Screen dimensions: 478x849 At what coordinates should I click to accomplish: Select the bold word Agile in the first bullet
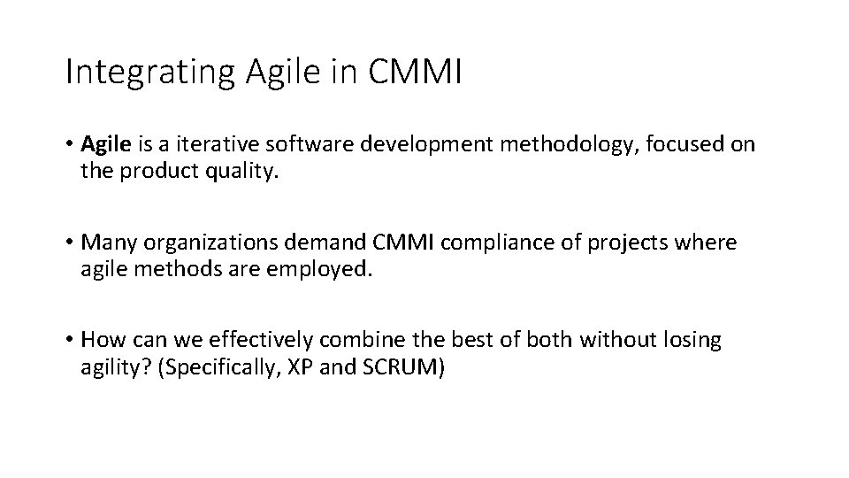click(x=104, y=144)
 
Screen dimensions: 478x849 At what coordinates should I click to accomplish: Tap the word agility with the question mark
click(x=111, y=366)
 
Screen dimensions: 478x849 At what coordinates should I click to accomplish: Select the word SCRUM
click(x=400, y=366)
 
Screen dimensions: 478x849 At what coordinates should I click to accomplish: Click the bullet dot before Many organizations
click(x=69, y=243)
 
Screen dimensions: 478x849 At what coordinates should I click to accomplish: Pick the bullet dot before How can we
click(x=69, y=341)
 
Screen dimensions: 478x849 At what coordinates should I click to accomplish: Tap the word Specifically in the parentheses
click(x=207, y=366)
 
